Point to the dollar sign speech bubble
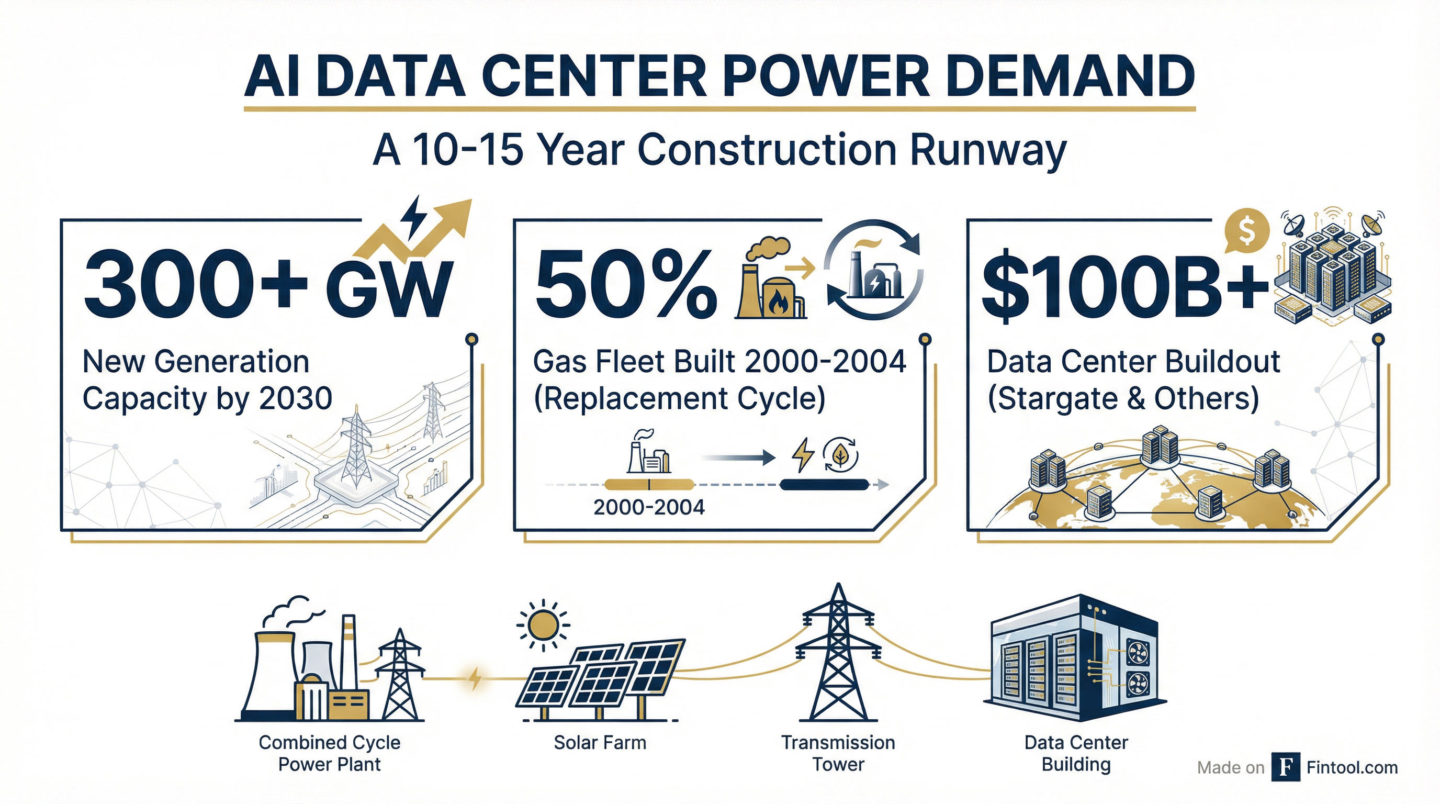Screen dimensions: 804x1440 click(x=1245, y=231)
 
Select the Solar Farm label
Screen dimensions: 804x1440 click(x=600, y=743)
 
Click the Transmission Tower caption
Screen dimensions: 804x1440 click(x=838, y=753)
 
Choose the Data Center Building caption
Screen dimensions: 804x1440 click(x=1076, y=753)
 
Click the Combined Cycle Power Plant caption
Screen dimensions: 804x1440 click(x=329, y=753)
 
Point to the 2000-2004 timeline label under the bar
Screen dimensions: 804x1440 click(x=649, y=507)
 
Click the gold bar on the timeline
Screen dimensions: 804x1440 click(x=649, y=485)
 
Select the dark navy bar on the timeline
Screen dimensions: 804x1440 click(x=824, y=485)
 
